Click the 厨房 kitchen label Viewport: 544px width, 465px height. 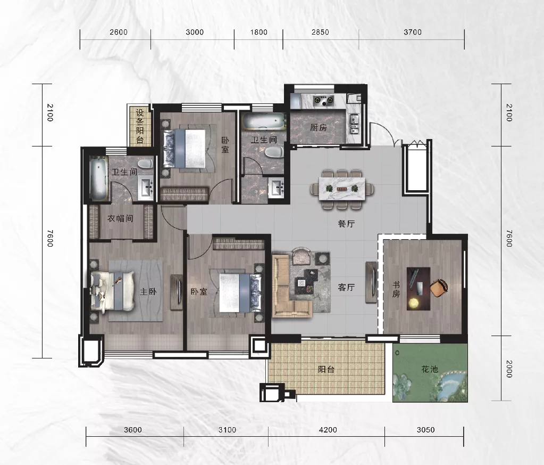pos(319,127)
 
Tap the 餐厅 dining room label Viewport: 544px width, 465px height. pos(346,224)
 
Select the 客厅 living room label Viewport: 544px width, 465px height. pos(346,288)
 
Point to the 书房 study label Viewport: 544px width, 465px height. pos(396,290)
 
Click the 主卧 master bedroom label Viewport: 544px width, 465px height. pos(148,291)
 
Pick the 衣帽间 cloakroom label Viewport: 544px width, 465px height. pos(120,218)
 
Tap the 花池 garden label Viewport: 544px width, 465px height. pos(430,369)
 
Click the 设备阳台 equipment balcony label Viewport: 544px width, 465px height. pos(140,126)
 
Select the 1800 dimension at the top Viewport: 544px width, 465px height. pos(259,32)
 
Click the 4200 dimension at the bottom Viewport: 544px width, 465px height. pos(328,430)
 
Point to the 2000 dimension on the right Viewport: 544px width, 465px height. pos(508,369)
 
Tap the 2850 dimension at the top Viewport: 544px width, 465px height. pos(320,32)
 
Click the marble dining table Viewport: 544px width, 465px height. pos(342,189)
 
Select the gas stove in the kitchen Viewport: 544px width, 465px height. pos(323,101)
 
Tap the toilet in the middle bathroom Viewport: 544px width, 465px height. pos(274,152)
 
